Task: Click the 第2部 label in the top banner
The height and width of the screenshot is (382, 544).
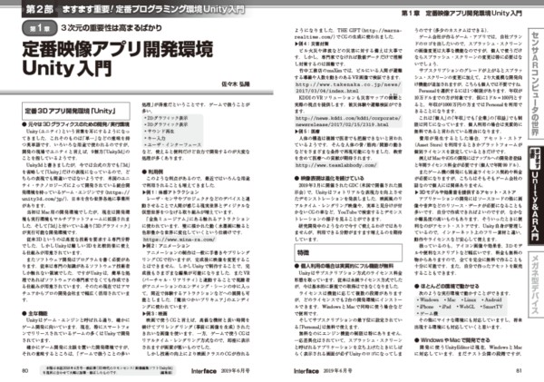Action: (x=33, y=9)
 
